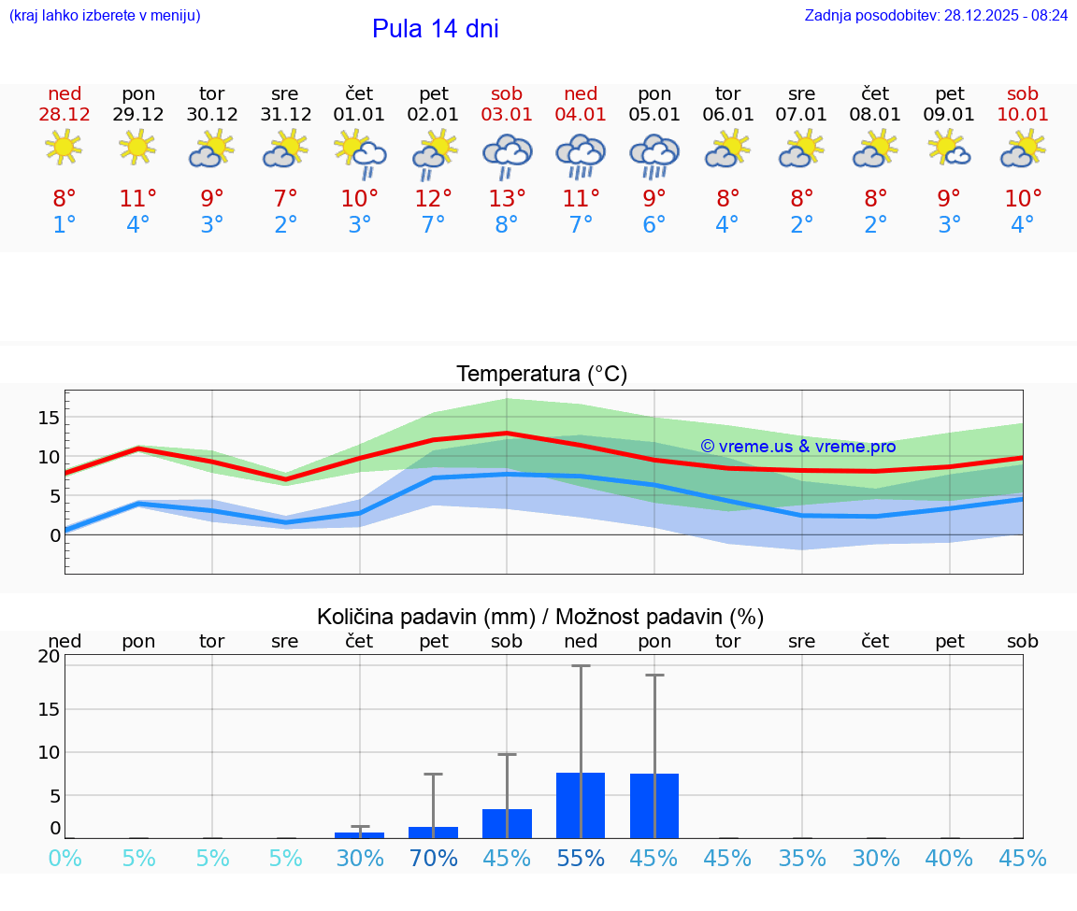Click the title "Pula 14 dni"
click(435, 29)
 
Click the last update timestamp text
click(936, 15)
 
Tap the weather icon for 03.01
click(507, 153)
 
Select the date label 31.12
click(285, 114)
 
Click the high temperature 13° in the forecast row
click(507, 198)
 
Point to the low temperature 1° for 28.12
click(65, 224)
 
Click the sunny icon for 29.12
click(137, 148)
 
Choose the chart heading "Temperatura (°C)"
click(541, 375)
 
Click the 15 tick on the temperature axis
click(50, 418)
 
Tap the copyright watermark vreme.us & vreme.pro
click(797, 447)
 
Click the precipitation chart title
click(540, 617)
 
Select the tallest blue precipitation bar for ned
click(581, 804)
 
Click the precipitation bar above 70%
click(434, 832)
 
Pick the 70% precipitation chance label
click(434, 859)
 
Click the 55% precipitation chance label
click(581, 859)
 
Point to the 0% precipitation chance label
click(65, 859)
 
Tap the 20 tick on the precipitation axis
click(50, 657)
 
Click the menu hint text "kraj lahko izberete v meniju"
click(104, 15)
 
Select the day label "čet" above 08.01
click(875, 93)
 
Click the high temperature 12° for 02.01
click(434, 198)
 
